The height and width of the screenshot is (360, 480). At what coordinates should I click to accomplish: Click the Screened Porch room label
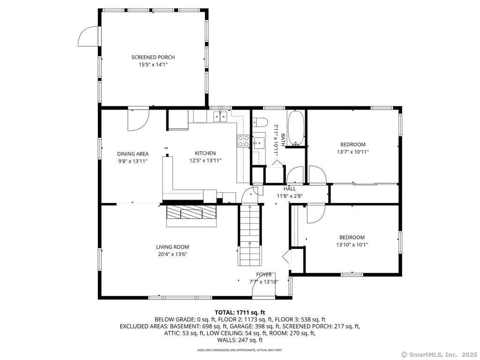[x=153, y=57]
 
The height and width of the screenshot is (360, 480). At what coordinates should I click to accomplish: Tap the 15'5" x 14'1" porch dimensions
[x=153, y=65]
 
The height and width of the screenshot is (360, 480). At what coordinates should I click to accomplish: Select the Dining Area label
[x=133, y=154]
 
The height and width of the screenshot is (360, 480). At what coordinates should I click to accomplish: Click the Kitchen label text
[x=205, y=153]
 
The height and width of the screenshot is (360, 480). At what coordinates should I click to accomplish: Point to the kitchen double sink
[x=220, y=116]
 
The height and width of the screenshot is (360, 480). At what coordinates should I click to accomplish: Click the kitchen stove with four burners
[x=243, y=141]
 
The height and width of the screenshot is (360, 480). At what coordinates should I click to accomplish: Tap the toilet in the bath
[x=259, y=122]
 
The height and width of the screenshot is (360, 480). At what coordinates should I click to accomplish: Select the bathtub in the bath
[x=296, y=128]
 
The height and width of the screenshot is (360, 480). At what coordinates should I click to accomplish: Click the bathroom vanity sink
[x=259, y=142]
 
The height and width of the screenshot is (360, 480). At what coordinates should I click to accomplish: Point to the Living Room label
[x=172, y=247]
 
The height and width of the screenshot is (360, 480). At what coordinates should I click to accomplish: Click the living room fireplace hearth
[x=192, y=216]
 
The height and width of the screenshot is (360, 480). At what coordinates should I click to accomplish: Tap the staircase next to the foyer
[x=250, y=236]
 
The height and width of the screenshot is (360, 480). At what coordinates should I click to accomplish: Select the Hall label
[x=290, y=189]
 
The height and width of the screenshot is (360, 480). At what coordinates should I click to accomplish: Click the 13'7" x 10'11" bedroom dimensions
[x=353, y=152]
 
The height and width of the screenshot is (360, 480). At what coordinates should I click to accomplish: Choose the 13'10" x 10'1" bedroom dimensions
[x=352, y=245]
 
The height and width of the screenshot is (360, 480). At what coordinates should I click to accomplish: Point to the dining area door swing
[x=138, y=120]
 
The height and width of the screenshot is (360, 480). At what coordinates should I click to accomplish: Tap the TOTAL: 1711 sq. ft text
[x=240, y=313]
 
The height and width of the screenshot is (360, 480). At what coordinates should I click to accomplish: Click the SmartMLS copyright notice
[x=439, y=354]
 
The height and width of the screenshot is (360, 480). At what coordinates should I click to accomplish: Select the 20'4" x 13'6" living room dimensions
[x=172, y=255]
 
